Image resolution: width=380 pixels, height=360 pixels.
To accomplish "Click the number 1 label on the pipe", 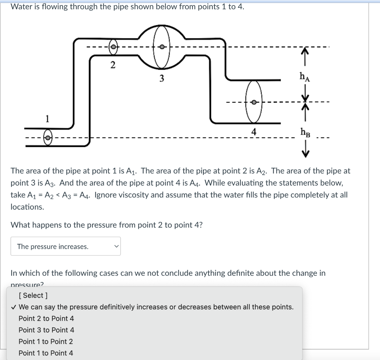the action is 47,119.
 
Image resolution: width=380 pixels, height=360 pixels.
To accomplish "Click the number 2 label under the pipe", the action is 113,65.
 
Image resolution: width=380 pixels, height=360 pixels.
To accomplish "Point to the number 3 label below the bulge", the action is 161,79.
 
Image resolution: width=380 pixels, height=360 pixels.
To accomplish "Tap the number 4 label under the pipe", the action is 253,131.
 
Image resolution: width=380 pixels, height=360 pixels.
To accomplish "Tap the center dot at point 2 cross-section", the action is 113,47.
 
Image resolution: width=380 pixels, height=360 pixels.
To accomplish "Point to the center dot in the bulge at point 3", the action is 161,47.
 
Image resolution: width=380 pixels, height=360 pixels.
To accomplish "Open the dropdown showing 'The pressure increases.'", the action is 66,246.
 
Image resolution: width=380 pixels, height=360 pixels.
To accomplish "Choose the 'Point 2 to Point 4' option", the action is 46,318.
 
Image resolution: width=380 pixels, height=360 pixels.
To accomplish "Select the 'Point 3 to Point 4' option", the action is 46,330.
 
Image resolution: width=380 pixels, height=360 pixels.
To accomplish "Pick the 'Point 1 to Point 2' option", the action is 46,341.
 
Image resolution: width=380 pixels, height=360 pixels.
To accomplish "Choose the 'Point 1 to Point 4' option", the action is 46,353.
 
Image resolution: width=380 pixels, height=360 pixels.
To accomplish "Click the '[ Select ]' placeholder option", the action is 33,295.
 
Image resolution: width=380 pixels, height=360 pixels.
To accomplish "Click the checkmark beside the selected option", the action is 13,307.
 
